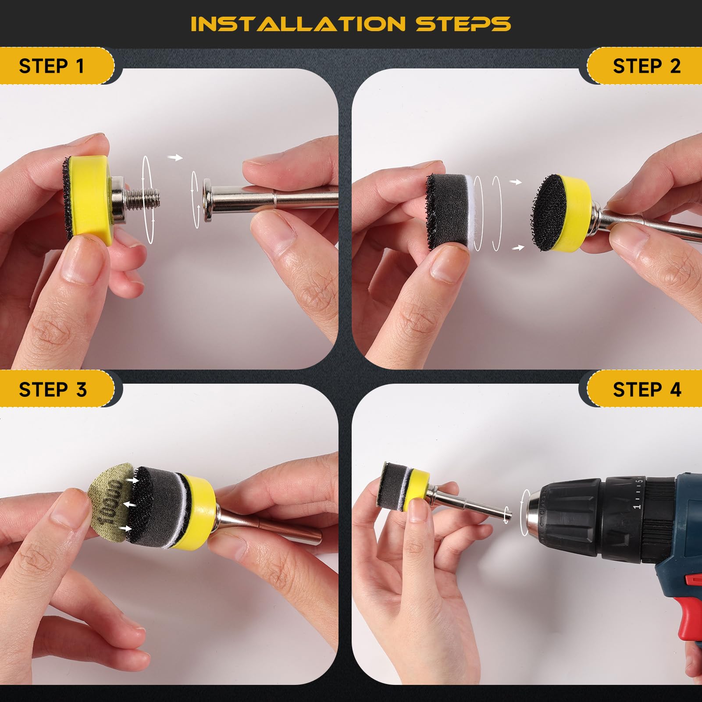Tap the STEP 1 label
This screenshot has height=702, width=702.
click(51, 66)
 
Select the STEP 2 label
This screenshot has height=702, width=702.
click(647, 66)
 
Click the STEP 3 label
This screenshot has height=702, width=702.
click(53, 389)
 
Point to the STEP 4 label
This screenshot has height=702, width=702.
click(647, 389)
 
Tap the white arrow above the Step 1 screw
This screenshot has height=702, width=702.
click(176, 157)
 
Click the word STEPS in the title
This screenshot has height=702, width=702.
click(463, 24)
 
